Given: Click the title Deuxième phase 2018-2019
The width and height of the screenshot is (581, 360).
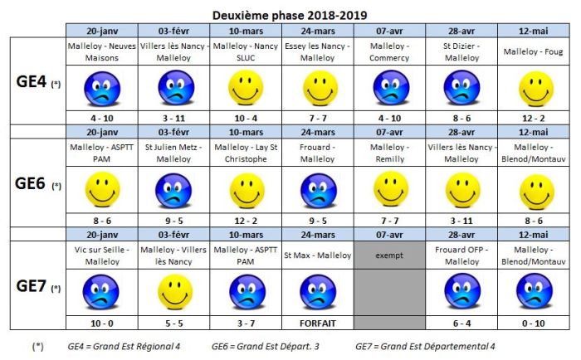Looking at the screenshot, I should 290,14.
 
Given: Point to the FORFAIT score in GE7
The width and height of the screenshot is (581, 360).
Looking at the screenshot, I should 317,322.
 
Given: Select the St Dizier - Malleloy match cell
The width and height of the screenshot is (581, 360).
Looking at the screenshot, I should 461,52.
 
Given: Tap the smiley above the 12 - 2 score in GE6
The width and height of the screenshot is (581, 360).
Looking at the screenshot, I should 246,189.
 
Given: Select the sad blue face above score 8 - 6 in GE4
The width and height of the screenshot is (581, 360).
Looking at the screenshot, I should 461,86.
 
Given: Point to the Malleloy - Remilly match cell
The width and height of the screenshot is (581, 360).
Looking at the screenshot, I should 389,153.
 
